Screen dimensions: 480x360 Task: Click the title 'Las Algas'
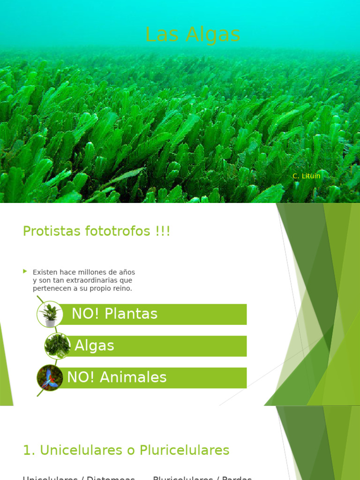tap(193, 35)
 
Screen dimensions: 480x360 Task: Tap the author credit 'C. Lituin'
tap(306, 176)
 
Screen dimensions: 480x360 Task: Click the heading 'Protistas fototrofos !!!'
tap(97, 231)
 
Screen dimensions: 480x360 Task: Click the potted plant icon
tap(50, 314)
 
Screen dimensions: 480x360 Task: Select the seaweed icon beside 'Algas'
tap(57, 346)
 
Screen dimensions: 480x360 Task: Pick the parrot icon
tap(50, 378)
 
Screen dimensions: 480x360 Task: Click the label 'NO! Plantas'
tap(114, 314)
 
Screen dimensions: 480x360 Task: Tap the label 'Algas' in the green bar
tap(94, 346)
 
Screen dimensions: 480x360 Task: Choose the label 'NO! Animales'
tap(117, 377)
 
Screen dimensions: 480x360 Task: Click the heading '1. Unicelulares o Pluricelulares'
tap(126, 450)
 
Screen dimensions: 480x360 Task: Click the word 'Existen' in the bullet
tap(44, 272)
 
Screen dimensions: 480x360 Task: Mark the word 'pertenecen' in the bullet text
tap(52, 288)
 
